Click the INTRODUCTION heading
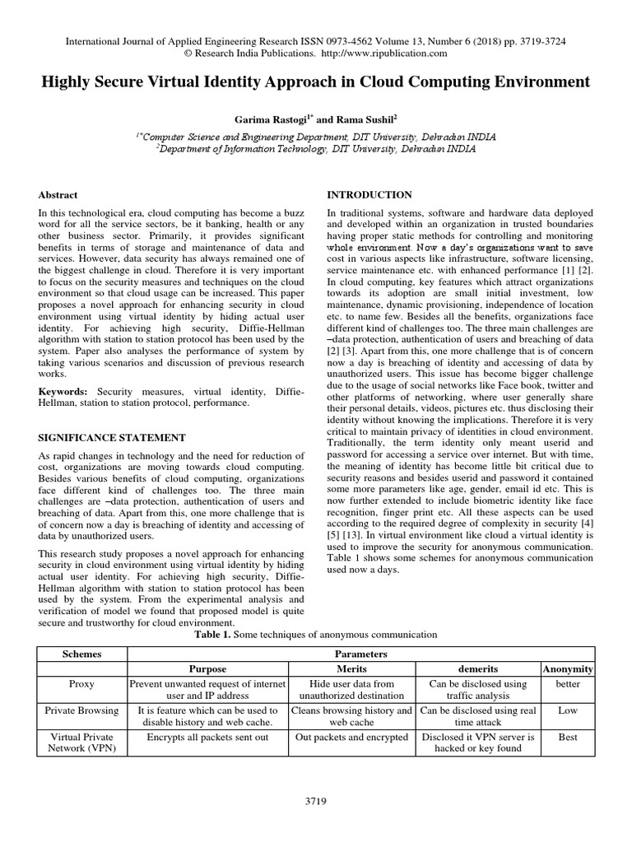[x=369, y=195]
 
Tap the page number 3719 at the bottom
[x=316, y=802]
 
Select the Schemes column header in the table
[x=82, y=654]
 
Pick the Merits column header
[x=354, y=669]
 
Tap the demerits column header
[x=478, y=669]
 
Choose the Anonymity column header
[x=568, y=669]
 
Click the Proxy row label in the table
[x=82, y=684]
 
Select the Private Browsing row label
[x=82, y=710]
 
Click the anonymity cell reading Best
[x=568, y=738]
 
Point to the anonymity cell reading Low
[x=568, y=710]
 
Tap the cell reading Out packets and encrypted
[x=354, y=738]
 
